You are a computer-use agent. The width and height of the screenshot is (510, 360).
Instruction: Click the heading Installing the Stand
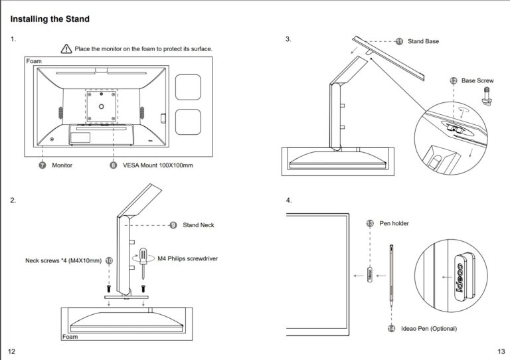tap(50, 19)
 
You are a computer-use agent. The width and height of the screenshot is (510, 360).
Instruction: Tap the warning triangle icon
tap(66, 48)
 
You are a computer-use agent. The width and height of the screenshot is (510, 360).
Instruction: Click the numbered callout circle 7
tap(42, 165)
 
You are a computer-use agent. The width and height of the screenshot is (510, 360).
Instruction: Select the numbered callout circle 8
tap(113, 165)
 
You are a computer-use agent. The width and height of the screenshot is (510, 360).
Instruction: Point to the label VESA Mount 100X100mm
tap(158, 165)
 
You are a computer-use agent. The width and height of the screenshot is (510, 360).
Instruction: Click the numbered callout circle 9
tap(173, 225)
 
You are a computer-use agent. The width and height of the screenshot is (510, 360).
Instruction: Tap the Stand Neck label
tap(199, 225)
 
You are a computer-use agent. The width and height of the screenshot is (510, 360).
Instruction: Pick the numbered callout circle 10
tap(109, 261)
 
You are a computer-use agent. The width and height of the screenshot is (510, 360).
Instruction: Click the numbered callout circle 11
tap(399, 41)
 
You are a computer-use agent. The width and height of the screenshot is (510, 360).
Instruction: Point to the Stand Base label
tap(423, 41)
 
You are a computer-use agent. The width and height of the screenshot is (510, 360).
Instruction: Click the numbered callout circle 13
tap(370, 223)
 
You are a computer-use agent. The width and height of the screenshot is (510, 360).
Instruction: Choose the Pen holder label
tap(394, 223)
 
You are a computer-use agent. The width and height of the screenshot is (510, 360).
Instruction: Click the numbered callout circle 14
tap(391, 328)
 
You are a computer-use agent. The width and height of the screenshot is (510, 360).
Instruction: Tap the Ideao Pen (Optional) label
tap(428, 328)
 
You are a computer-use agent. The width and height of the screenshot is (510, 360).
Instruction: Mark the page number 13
tap(501, 351)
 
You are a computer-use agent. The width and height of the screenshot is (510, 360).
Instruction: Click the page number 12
tap(11, 351)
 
